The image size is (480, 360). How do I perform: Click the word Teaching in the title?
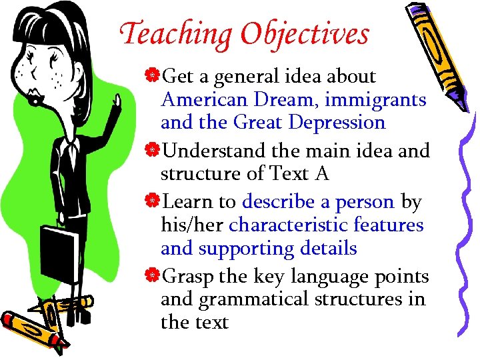click(175, 33)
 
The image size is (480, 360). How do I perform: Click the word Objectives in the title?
click(305, 33)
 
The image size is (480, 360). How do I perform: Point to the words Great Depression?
click(309, 123)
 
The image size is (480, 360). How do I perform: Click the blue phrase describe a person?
click(319, 201)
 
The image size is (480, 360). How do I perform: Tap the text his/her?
click(192, 225)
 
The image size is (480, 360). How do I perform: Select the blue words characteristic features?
click(326, 225)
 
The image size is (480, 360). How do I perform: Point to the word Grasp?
click(188, 276)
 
